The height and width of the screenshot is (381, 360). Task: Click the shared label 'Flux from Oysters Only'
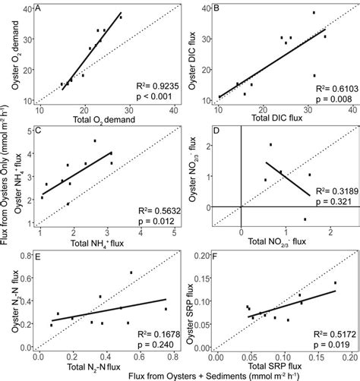[6, 190]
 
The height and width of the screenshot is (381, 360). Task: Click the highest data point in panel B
[314, 12]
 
